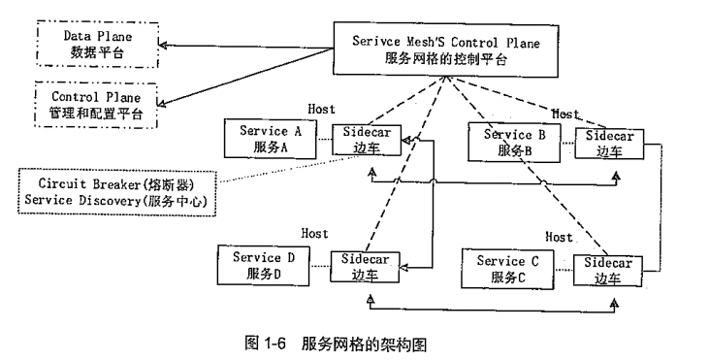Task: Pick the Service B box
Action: click(513, 142)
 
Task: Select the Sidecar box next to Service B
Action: click(608, 143)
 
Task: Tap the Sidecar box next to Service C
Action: click(608, 270)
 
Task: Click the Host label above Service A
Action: click(322, 110)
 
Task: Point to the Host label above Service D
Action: click(315, 234)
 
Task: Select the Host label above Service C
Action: click(560, 237)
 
